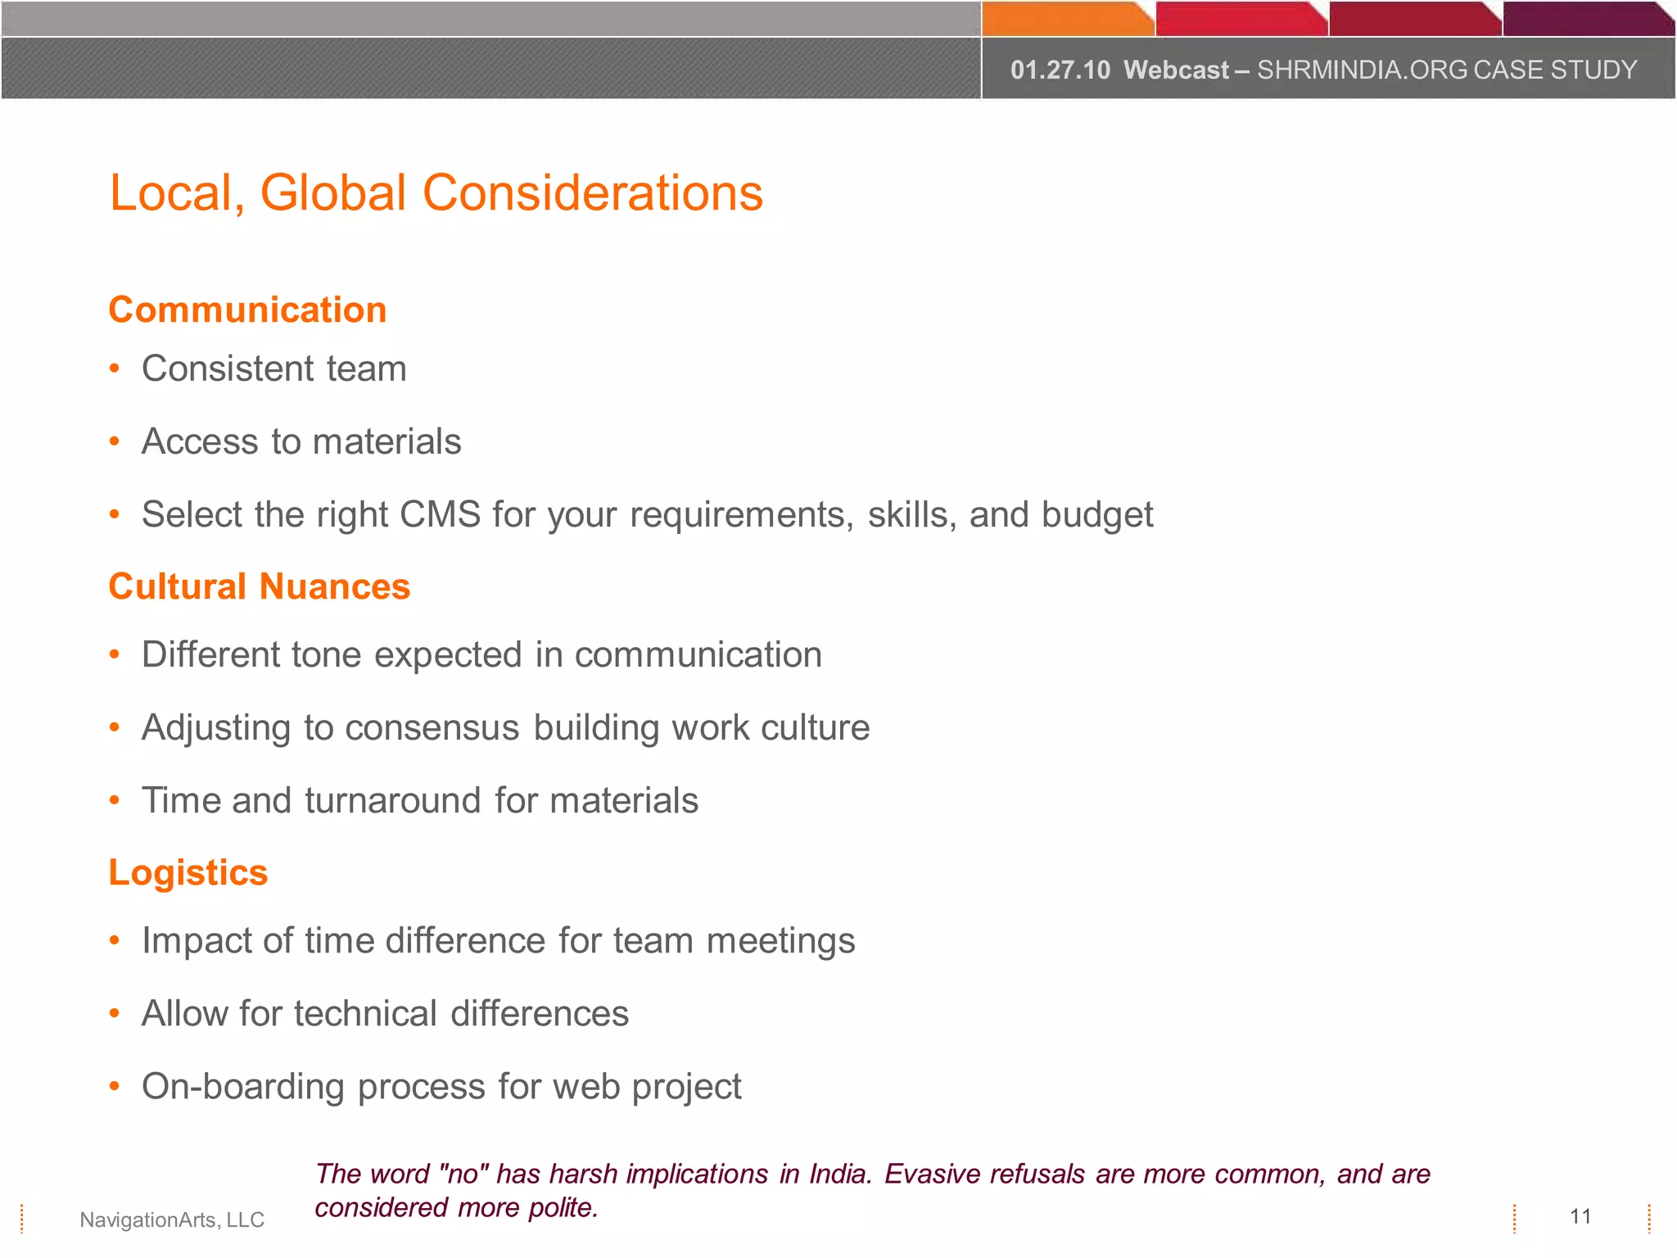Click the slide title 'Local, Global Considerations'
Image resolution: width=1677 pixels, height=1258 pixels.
(x=436, y=193)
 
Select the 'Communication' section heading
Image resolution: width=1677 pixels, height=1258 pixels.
(x=247, y=310)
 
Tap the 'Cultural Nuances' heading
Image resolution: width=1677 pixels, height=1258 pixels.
(x=259, y=586)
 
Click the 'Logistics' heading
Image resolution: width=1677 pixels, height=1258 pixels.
(x=188, y=872)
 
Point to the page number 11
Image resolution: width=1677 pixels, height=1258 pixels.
(x=1580, y=1216)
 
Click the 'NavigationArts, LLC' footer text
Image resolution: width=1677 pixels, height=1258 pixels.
(x=172, y=1220)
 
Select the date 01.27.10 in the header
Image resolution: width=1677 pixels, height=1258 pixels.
(x=1060, y=70)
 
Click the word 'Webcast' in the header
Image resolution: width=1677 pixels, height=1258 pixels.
(x=1176, y=70)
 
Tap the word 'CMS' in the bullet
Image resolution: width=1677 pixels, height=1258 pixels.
(x=440, y=514)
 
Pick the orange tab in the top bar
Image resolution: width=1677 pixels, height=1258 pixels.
(x=1065, y=19)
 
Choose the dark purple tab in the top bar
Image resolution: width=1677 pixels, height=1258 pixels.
(x=1584, y=19)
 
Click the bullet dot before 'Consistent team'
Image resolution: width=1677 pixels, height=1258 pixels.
(x=115, y=369)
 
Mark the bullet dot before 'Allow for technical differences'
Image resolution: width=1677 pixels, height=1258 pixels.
(x=115, y=1014)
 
